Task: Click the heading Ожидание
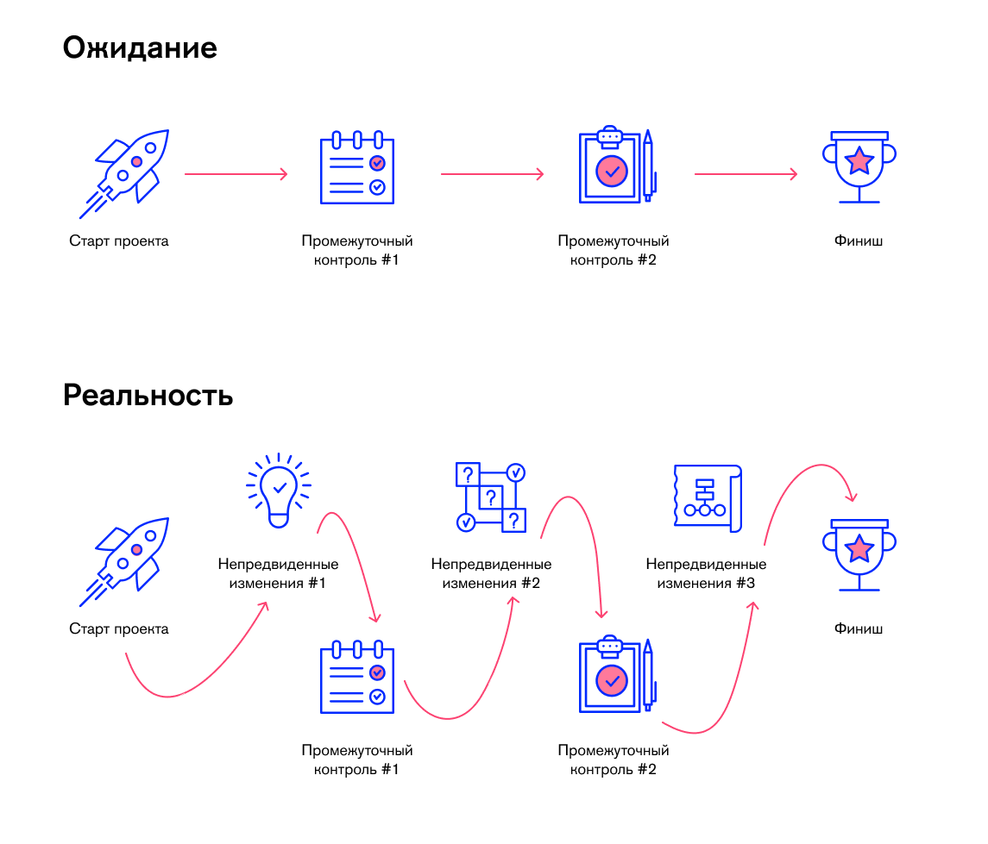[x=140, y=48]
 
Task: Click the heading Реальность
[x=148, y=396]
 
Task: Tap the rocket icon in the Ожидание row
[x=126, y=172]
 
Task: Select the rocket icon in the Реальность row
[x=126, y=560]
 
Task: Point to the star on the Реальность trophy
[x=859, y=547]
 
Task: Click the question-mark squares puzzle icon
[x=490, y=497]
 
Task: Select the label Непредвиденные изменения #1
[x=278, y=574]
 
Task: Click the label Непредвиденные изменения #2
[x=491, y=574]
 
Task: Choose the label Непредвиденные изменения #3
[x=706, y=574]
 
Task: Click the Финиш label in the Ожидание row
[x=859, y=241]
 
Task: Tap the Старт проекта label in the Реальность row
[x=119, y=629]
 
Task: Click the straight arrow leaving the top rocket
[x=236, y=174]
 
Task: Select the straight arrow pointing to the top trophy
[x=746, y=174]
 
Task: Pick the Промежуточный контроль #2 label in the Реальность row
[x=614, y=760]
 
